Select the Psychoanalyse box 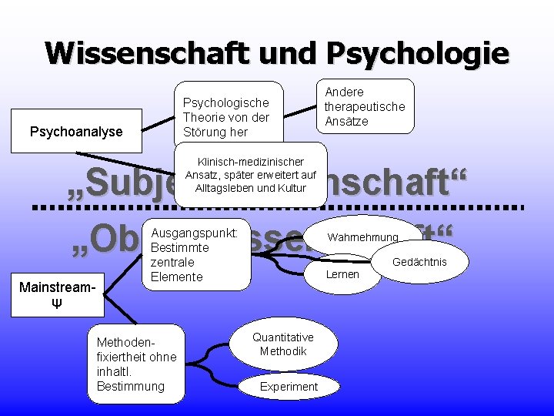click(x=76, y=132)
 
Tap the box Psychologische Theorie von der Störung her click(x=226, y=116)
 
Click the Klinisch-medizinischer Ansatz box click(x=250, y=175)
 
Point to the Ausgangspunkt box click(x=196, y=254)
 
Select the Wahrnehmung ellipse click(x=362, y=237)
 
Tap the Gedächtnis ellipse click(x=419, y=262)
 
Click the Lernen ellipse click(x=342, y=274)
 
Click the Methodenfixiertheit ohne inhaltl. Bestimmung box click(x=136, y=364)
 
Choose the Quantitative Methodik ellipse click(x=282, y=344)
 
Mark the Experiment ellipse click(x=289, y=386)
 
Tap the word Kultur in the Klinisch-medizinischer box click(x=291, y=188)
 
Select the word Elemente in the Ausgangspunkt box click(x=177, y=277)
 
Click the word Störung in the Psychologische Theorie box click(x=202, y=131)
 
